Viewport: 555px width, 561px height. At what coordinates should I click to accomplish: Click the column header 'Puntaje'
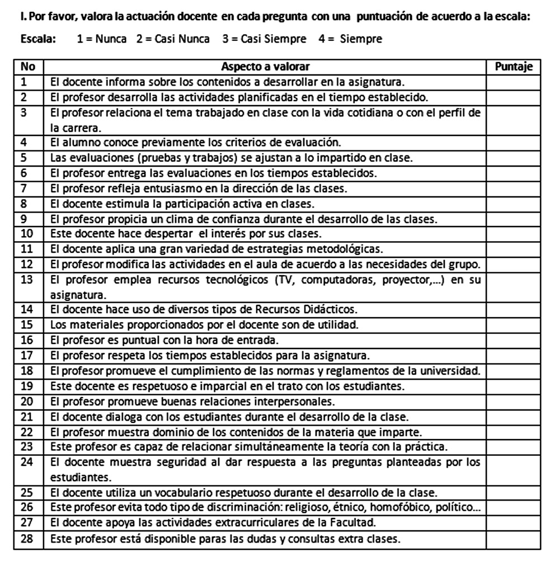pos(514,67)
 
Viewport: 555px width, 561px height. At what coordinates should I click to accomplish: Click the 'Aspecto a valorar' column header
pos(265,67)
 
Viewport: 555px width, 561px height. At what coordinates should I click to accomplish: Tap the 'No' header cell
pos(28,67)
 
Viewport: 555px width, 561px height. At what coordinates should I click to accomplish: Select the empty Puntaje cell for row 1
pos(514,82)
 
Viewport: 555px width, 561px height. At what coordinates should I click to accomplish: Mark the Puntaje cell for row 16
pos(514,340)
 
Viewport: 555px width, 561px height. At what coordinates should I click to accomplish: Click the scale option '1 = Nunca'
pos(102,39)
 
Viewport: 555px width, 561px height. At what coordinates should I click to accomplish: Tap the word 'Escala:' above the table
pos(37,39)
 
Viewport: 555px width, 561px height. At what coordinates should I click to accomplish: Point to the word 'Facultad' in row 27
pos(356,522)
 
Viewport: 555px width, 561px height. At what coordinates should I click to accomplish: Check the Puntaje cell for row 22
pos(514,432)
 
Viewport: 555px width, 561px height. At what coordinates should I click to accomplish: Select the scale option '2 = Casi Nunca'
pos(173,39)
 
